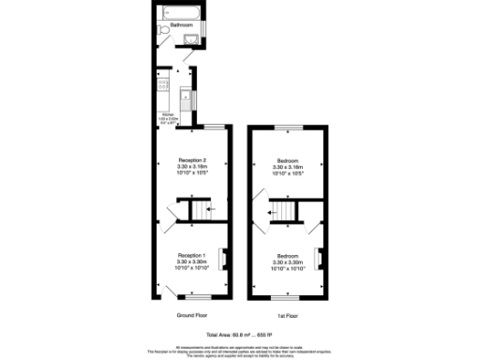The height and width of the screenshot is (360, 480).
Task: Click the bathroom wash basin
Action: click(x=192, y=37)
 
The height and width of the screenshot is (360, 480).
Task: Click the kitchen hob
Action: click(x=163, y=88)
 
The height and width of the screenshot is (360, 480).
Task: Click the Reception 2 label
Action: click(x=191, y=160)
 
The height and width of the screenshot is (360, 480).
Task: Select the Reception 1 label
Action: click(x=191, y=255)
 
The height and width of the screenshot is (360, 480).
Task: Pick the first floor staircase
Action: click(x=283, y=214)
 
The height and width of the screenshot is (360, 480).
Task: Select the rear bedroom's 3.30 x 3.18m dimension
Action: click(x=287, y=166)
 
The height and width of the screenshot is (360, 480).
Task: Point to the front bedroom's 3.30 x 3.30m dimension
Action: click(x=287, y=261)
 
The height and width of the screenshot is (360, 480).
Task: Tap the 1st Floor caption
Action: click(x=288, y=316)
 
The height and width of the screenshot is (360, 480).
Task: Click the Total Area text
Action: click(x=238, y=335)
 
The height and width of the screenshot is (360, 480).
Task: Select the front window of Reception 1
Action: click(x=191, y=298)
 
